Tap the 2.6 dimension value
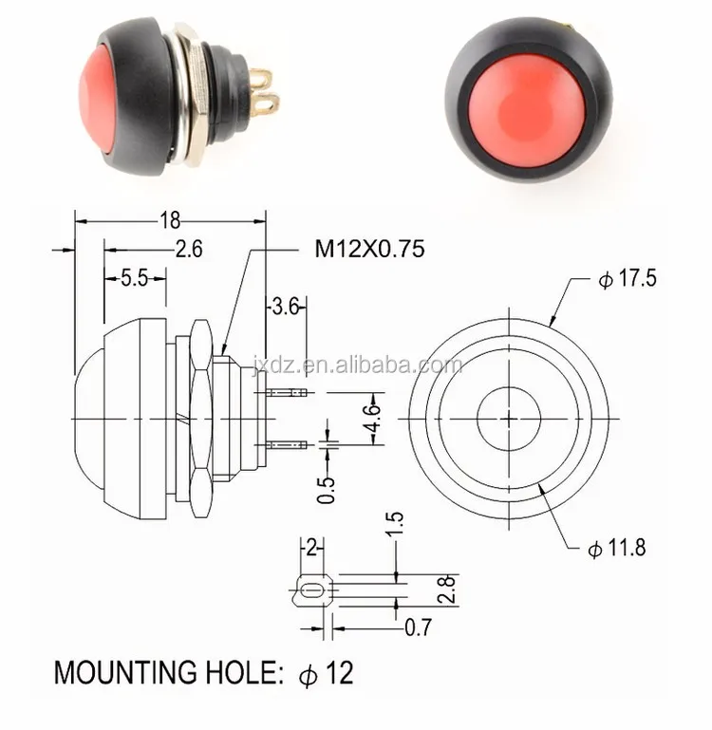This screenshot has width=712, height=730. click(x=187, y=250)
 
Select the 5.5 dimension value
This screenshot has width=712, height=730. click(x=134, y=278)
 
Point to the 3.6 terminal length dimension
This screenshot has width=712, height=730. click(x=286, y=306)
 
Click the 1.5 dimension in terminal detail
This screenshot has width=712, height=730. click(x=396, y=524)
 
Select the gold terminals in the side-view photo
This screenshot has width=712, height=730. click(x=261, y=91)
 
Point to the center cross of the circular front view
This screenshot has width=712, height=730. click(x=509, y=419)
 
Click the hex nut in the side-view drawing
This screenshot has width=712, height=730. click(x=200, y=418)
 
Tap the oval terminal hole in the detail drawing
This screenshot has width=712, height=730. click(x=310, y=592)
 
